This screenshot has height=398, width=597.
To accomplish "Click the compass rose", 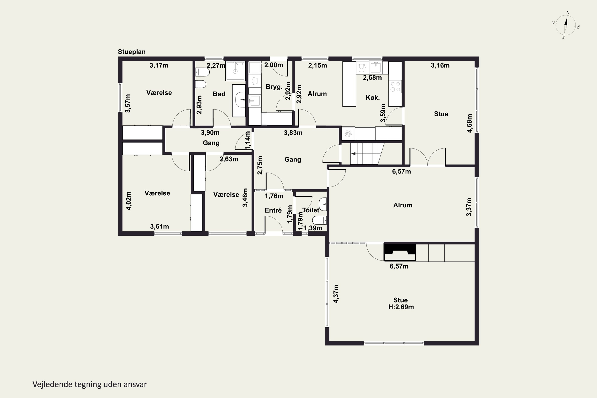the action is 566,25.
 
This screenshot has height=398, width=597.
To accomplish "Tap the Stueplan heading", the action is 132,52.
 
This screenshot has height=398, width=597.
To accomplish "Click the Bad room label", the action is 219,94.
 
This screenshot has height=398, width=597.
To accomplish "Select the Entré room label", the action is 273,210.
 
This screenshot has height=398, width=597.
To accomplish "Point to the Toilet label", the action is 311,210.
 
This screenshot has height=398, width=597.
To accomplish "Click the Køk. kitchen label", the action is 373,98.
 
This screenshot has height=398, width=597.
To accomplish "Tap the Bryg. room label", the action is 274,87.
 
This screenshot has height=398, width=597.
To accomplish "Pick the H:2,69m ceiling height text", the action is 401,307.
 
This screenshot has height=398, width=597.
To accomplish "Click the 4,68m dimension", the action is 470,123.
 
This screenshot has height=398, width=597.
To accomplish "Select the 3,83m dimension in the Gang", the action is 293,133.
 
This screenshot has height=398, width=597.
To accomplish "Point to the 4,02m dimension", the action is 129,201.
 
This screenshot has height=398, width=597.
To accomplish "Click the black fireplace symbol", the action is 400,252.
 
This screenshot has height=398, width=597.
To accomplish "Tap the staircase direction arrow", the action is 353,154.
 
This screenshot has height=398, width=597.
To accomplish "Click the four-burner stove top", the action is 395,87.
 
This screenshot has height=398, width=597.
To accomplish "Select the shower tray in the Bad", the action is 235,71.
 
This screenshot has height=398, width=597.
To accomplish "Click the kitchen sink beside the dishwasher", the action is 376,67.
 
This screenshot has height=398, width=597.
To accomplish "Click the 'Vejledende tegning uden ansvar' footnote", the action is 90,384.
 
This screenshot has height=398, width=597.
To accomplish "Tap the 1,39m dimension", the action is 313,228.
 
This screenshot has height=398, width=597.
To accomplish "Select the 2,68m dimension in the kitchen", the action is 372,78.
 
